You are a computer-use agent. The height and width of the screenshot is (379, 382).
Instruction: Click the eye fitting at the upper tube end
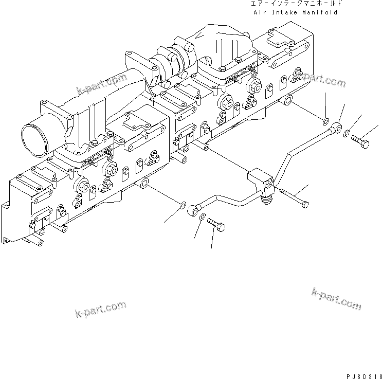pyautogui.click(x=337, y=126)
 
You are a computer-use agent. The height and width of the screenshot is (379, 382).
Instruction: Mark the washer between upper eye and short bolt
pyautogui.click(x=349, y=132)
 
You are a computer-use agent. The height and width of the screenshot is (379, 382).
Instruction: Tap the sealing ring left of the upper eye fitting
pyautogui.click(x=326, y=121)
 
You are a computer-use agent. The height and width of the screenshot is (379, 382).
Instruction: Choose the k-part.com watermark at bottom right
pyautogui.click(x=336, y=298)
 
